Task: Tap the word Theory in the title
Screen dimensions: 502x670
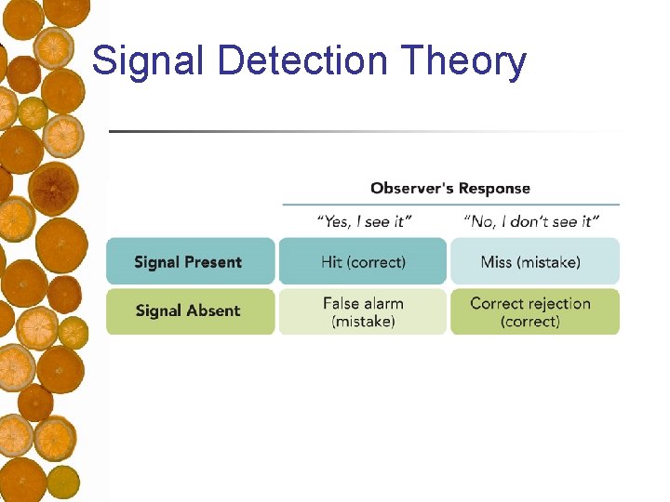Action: pyautogui.click(x=464, y=61)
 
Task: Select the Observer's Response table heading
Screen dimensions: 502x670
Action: pyautogui.click(x=450, y=188)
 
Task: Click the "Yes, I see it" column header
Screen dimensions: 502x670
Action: pyautogui.click(x=364, y=221)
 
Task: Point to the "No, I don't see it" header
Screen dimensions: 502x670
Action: pyautogui.click(x=531, y=221)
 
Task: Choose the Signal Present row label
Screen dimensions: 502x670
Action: pyautogui.click(x=190, y=262)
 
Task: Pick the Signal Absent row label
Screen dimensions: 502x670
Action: pyautogui.click(x=190, y=311)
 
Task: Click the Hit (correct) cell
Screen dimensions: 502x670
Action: pyautogui.click(x=363, y=262)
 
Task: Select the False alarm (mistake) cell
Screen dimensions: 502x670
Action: pyautogui.click(x=363, y=311)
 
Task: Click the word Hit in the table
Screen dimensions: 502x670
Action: pyautogui.click(x=332, y=262)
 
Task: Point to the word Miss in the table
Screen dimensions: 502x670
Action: pyautogui.click(x=496, y=262)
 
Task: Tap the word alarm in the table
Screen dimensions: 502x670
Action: pyautogui.click(x=384, y=303)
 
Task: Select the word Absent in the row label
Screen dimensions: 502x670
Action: pyautogui.click(x=214, y=311)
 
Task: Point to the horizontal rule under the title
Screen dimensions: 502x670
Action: pyautogui.click(x=363, y=131)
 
